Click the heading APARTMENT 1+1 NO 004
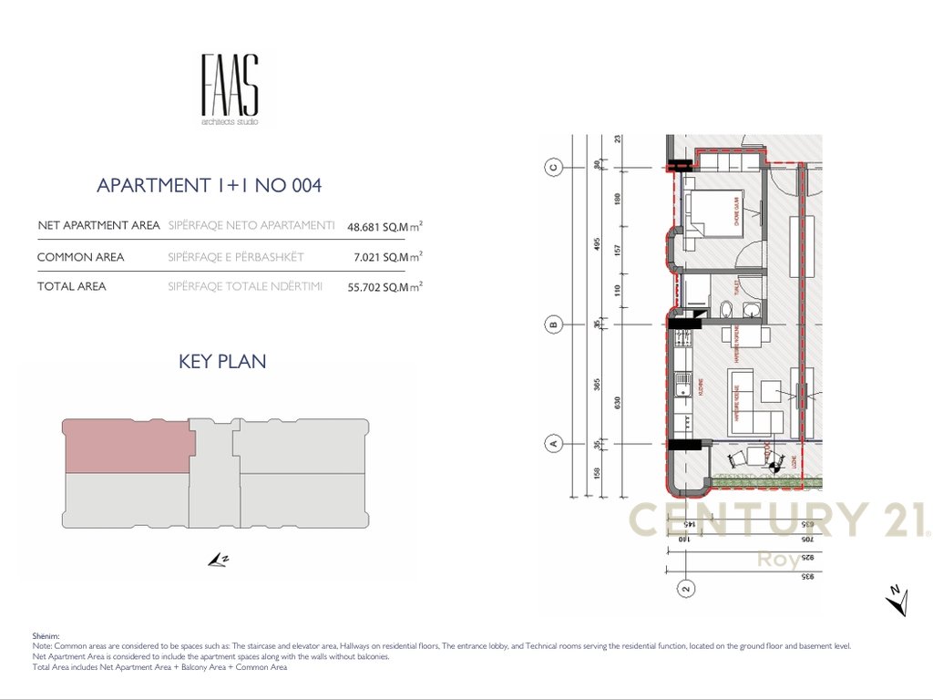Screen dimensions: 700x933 (x=209, y=186)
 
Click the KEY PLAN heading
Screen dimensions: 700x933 (x=222, y=362)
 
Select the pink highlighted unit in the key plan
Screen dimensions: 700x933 (x=128, y=446)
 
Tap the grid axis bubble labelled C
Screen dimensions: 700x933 (x=550, y=167)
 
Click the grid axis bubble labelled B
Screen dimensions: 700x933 (x=550, y=324)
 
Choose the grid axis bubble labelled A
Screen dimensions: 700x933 (x=550, y=444)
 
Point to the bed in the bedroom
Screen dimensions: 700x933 (x=713, y=212)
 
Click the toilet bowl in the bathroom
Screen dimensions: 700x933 (x=723, y=314)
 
